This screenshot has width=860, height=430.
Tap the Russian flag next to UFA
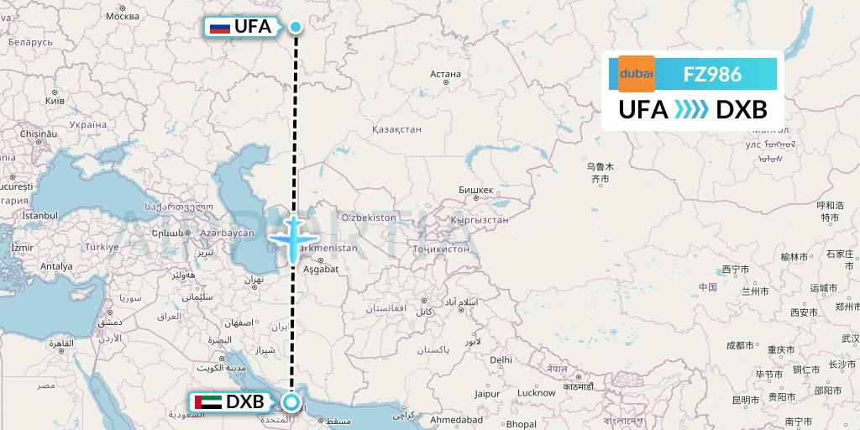pos(220,28)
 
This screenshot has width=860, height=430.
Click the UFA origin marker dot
pos(296,27)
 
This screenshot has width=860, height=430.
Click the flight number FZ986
pos(712,74)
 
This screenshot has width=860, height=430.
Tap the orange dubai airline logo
pos(636,74)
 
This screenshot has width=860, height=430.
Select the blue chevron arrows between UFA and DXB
pos(692,110)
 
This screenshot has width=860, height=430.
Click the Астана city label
pos(445,74)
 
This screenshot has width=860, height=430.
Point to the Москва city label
pos(123,16)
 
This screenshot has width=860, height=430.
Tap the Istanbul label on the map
pos(39,216)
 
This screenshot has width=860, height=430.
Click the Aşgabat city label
pos(320,269)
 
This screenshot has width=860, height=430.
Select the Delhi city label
pos(501,359)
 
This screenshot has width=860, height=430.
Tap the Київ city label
pos(55,100)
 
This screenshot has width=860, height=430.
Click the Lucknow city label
pos(536,393)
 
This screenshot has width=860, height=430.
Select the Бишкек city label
pos(476,190)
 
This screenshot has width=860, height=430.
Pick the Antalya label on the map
pos(56,266)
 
